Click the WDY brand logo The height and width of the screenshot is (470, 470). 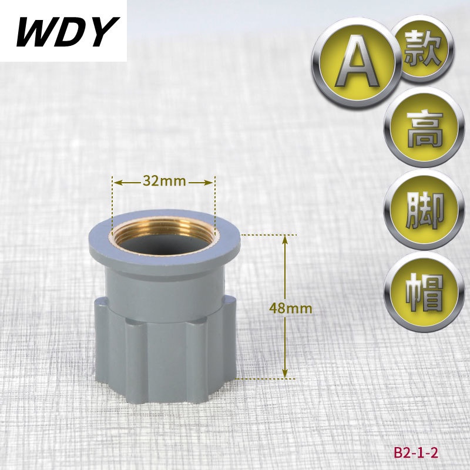click(x=68, y=32)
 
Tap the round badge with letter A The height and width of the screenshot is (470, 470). click(x=357, y=63)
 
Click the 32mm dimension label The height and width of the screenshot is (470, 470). click(x=164, y=181)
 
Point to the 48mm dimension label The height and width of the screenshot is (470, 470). click(x=291, y=308)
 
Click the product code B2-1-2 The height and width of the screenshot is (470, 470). click(x=416, y=452)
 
